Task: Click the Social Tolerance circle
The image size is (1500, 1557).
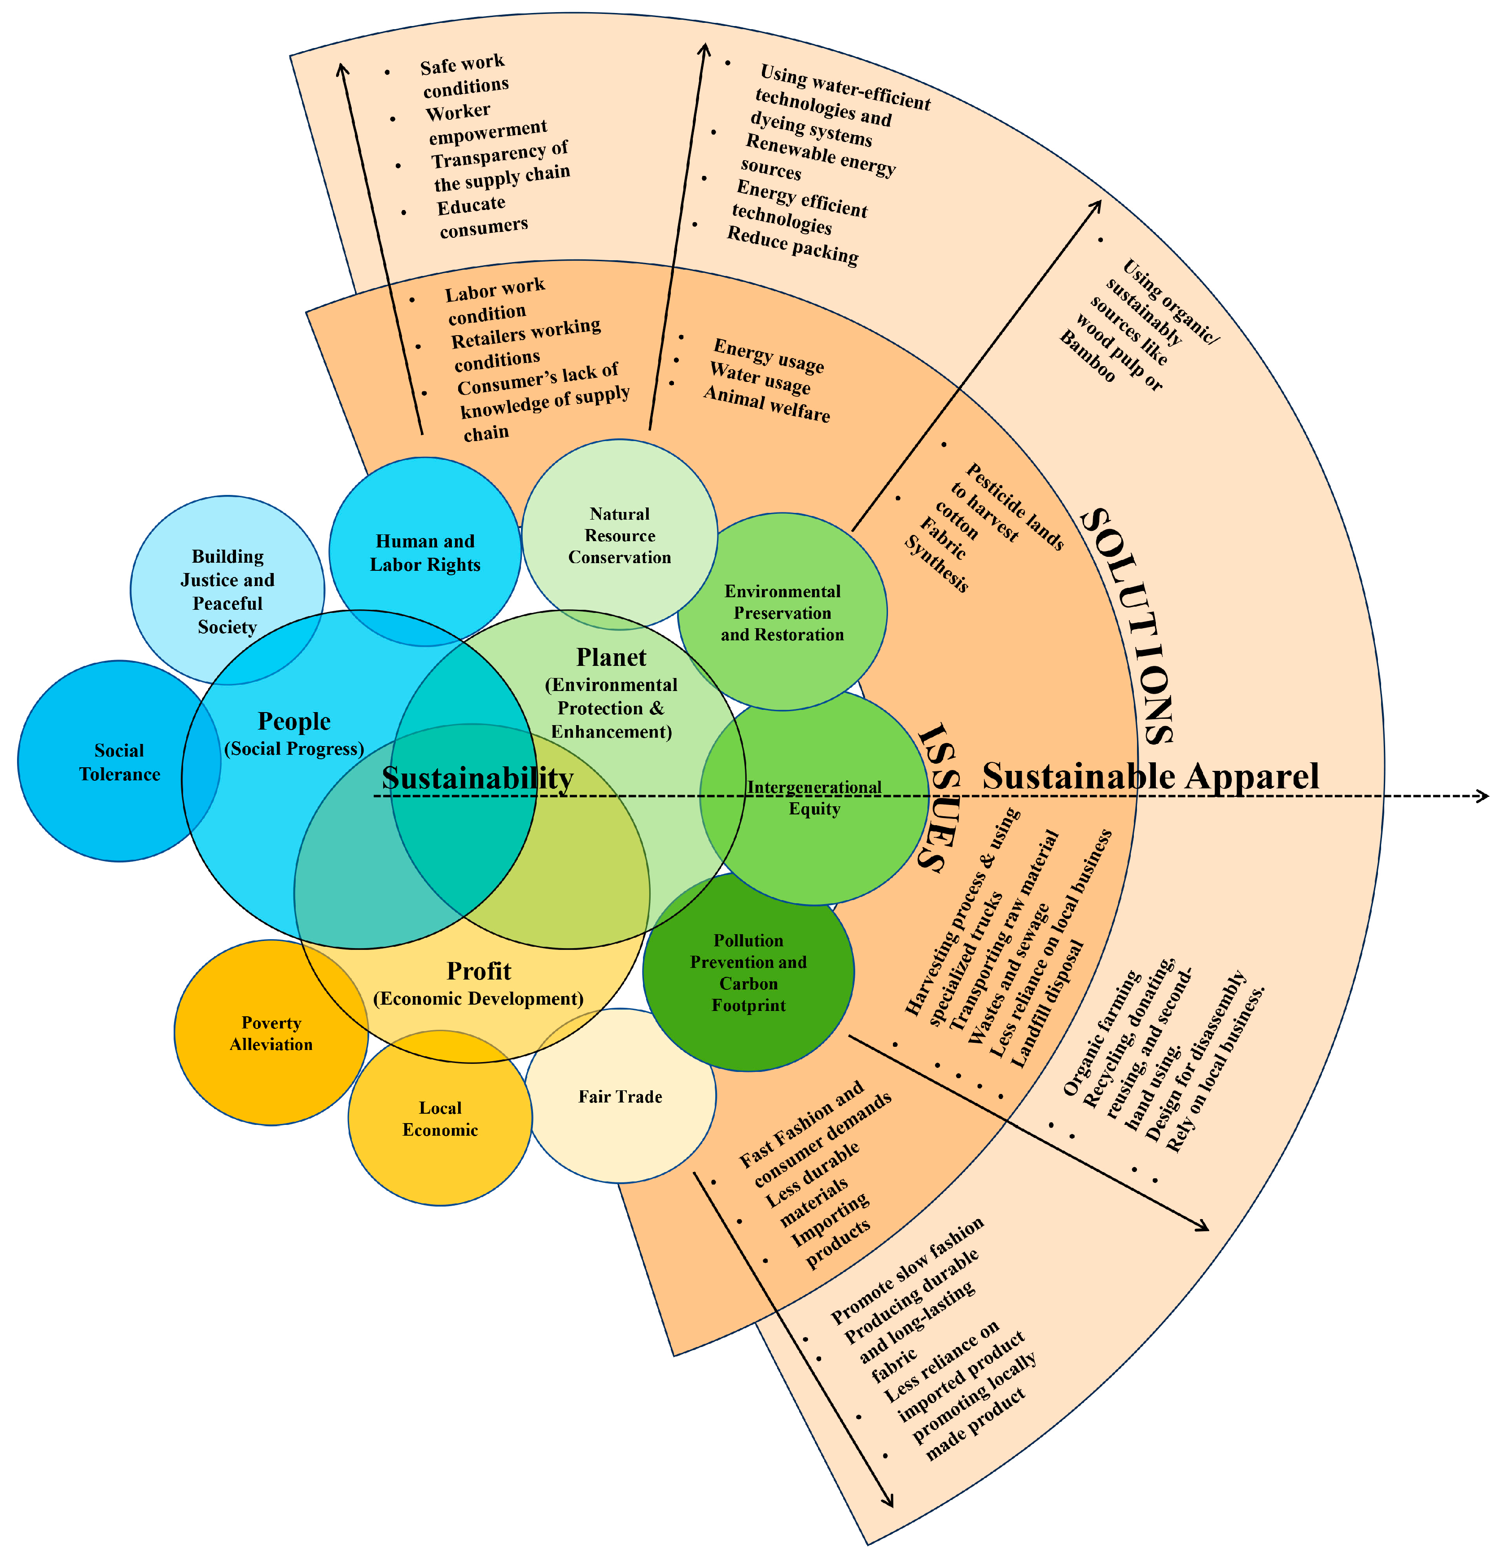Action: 119,761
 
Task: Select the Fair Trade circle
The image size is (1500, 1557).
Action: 621,1096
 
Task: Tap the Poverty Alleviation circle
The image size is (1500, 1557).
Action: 271,1033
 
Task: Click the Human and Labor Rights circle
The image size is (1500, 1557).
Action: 425,552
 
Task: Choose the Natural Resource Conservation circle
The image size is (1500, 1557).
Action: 620,534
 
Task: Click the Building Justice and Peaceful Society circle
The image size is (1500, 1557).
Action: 227,590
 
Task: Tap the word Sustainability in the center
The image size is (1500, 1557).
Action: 477,778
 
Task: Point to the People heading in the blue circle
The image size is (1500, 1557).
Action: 294,721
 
